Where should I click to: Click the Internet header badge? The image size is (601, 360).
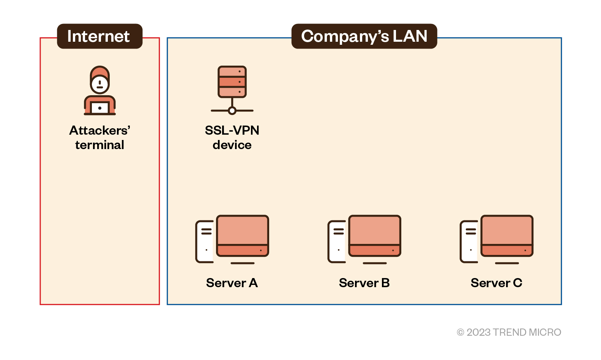[99, 36]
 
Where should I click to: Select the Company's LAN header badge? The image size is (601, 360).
[364, 36]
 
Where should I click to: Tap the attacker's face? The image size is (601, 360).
[100, 83]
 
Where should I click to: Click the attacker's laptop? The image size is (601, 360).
[100, 108]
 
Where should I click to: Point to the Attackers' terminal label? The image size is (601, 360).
[99, 138]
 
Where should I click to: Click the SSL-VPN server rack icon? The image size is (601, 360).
[232, 82]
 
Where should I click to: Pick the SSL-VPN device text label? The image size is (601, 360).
[232, 138]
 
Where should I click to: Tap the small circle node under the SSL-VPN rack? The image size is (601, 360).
[232, 111]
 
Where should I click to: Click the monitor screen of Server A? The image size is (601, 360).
[243, 231]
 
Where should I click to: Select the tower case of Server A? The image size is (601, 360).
[205, 242]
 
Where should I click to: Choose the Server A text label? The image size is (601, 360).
[232, 283]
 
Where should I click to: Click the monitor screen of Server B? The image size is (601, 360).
[375, 231]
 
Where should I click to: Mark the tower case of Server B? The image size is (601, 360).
[337, 242]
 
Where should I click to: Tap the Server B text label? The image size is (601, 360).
[364, 283]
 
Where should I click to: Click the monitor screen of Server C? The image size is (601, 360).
[507, 231]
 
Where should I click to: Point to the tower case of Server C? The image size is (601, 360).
[469, 242]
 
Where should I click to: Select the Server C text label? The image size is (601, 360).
[496, 283]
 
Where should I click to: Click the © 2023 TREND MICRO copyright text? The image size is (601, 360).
[509, 332]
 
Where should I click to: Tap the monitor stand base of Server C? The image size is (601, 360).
[507, 263]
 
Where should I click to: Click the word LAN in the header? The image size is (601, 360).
[410, 36]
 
